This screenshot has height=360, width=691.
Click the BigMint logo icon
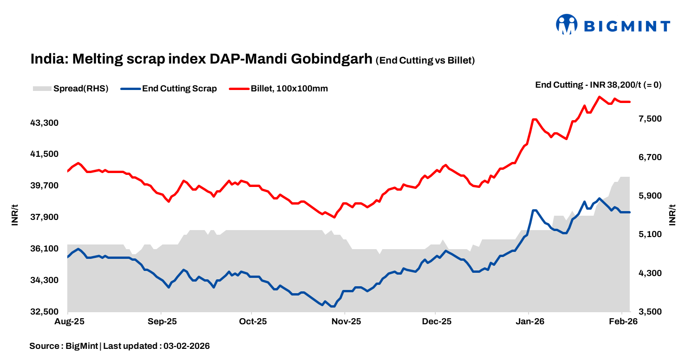(566, 24)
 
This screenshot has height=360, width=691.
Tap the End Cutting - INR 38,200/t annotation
(598, 85)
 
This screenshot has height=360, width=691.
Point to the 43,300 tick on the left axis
(45, 123)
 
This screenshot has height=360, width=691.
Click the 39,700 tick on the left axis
(45, 186)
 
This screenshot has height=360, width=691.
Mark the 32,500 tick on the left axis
(45, 312)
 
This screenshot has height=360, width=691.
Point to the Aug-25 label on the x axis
(68, 321)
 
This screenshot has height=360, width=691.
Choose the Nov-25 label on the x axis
(346, 321)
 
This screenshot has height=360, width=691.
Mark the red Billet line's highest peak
(599, 96)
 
